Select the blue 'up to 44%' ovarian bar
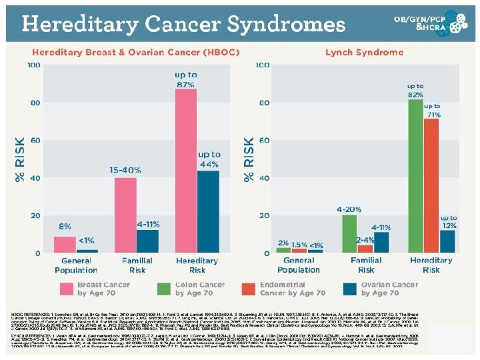tap(208, 211)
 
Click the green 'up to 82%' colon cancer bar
tap(415, 176)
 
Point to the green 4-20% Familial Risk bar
tap(349, 233)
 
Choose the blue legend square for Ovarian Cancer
tap(349, 288)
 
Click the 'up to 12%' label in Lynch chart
tap(448, 221)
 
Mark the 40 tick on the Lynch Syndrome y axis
tap(263, 178)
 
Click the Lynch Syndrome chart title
tap(356, 52)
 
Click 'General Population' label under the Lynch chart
tap(299, 265)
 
